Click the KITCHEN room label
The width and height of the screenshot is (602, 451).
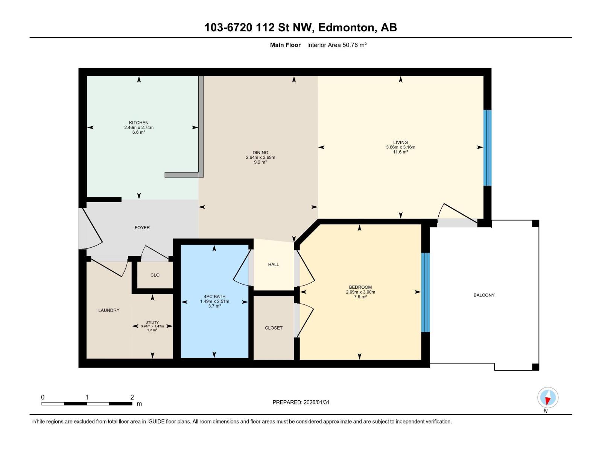[138, 123]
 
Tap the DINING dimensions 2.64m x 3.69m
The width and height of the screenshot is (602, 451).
[260, 157]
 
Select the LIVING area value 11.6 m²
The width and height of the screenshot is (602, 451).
[400, 152]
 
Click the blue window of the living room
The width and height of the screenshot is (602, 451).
[487, 148]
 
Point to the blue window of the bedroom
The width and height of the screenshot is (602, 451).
[425, 292]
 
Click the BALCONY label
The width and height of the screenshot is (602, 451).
[484, 295]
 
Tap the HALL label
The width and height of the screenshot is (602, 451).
[274, 264]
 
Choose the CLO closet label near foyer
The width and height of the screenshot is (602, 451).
[155, 275]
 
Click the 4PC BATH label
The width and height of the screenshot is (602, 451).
[214, 297]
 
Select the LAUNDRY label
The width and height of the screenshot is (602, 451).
[109, 310]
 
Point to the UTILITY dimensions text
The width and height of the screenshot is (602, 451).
[152, 326]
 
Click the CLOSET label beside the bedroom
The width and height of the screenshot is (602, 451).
[274, 328]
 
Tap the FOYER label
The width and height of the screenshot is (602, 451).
[142, 227]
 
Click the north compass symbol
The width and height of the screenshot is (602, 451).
[548, 398]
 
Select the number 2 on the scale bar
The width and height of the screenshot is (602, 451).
[132, 397]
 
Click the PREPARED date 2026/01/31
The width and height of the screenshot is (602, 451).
[316, 402]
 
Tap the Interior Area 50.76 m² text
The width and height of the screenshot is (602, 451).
[337, 45]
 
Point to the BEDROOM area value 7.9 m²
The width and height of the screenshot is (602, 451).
[360, 297]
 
